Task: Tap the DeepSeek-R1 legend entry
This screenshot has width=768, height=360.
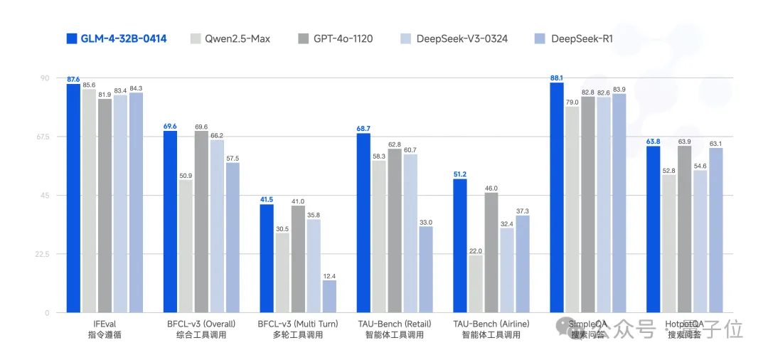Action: (572, 38)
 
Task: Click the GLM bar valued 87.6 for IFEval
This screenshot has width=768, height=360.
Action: (73, 198)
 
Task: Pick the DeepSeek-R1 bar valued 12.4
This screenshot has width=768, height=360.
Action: (329, 296)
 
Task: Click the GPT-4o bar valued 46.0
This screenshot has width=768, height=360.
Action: (491, 252)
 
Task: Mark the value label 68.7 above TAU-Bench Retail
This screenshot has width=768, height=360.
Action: (363, 128)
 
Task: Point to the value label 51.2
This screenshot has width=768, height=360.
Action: (459, 174)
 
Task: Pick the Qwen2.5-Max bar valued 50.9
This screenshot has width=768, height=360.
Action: (186, 246)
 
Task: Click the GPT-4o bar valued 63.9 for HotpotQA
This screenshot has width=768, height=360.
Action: (685, 229)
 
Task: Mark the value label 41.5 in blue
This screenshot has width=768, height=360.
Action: (267, 199)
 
